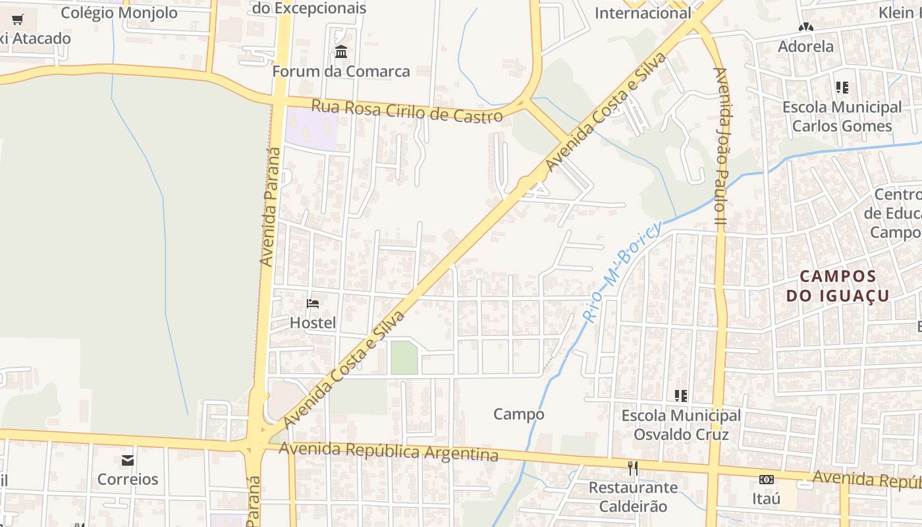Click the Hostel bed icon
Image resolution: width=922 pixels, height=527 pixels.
pos(313,304)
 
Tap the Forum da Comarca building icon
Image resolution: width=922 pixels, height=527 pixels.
pos(341,51)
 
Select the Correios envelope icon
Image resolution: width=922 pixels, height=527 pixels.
pos(128,460)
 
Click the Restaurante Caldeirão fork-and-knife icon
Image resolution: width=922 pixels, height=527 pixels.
pos(633,468)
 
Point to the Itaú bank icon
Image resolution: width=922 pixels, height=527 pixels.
pos(766,480)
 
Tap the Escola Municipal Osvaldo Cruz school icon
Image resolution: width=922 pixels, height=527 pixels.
pos(681,396)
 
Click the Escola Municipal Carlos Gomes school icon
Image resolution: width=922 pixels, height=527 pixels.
pos(842,87)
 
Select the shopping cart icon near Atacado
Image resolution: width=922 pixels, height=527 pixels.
pos(18,20)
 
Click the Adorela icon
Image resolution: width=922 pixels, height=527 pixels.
pos(805,28)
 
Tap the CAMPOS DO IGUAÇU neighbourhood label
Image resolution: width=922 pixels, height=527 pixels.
pos(838,286)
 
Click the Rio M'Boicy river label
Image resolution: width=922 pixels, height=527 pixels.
pos(622,271)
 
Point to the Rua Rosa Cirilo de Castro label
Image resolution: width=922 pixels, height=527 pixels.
pos(407,111)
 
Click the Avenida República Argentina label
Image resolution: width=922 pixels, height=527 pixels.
pos(389,452)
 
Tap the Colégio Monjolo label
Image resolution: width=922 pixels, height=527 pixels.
pos(119,13)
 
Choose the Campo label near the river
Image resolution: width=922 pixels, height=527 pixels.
pos(519,414)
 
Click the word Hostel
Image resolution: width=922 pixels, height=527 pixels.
pos(313,323)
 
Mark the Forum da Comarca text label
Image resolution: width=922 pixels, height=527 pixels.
pos(341,71)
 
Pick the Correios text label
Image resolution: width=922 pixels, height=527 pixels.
pos(128,479)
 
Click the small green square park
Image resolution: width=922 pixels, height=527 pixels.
pos(404,358)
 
